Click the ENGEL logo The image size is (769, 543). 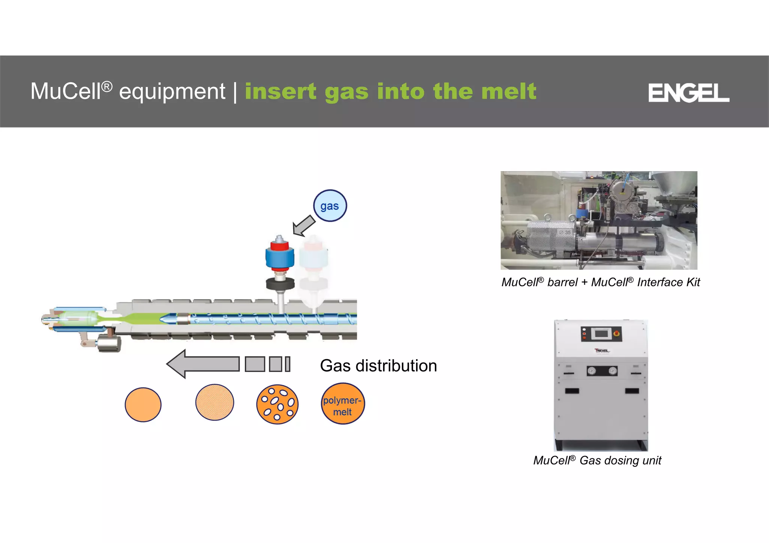[x=688, y=93]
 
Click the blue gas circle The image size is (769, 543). [x=330, y=206]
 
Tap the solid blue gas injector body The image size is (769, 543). [x=279, y=257]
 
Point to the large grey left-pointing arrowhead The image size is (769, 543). [x=178, y=364]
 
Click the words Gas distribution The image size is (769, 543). [x=378, y=366]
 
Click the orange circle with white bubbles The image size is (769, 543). [x=277, y=405]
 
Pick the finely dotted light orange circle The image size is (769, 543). [x=214, y=402]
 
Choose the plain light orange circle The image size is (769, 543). [x=143, y=405]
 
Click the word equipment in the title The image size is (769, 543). [x=172, y=91]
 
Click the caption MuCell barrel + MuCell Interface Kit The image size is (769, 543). [x=600, y=282]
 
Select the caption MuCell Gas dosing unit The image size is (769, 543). [x=597, y=460]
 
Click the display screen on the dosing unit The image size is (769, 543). [x=601, y=333]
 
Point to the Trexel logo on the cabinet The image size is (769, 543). [x=602, y=351]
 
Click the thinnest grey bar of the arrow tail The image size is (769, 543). [x=288, y=364]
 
